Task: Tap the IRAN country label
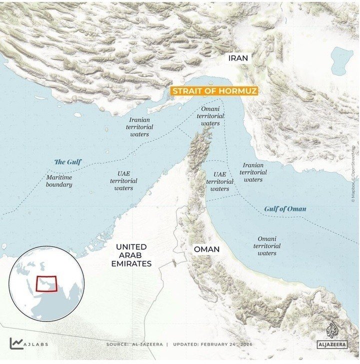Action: click(238, 58)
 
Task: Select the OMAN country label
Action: click(206, 248)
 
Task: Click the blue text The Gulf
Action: click(67, 162)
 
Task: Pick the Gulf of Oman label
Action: click(285, 208)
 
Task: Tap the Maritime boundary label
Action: click(59, 181)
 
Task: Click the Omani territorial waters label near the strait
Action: click(210, 116)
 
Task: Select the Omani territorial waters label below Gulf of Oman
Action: click(267, 246)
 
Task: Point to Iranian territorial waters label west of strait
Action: click(139, 127)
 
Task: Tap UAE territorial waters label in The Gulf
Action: click(123, 180)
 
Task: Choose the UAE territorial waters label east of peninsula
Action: click(220, 181)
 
